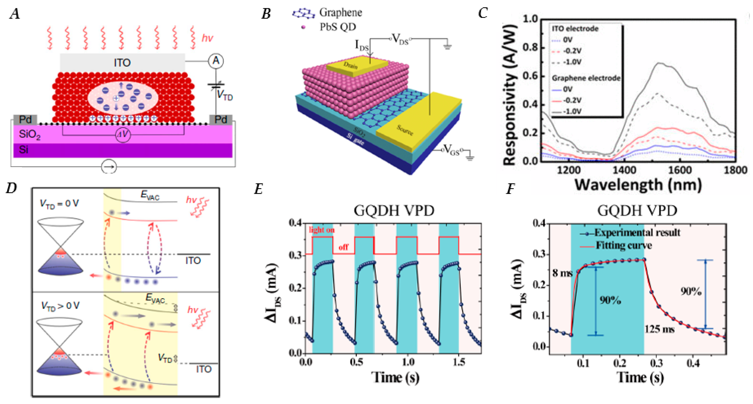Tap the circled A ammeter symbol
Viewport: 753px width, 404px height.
click(216, 61)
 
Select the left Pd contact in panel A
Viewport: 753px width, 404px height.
click(25, 119)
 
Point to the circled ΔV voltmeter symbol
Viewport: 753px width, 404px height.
click(123, 135)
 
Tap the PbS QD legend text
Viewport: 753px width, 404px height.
click(338, 27)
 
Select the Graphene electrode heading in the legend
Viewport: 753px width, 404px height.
click(585, 78)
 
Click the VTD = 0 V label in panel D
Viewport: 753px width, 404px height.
click(59, 203)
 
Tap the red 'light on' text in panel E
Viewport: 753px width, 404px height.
click(322, 230)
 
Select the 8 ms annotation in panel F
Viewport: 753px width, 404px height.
click(562, 273)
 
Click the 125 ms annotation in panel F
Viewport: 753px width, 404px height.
click(659, 329)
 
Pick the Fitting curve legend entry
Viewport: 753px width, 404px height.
click(623, 245)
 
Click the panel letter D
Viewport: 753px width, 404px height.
click(11, 188)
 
